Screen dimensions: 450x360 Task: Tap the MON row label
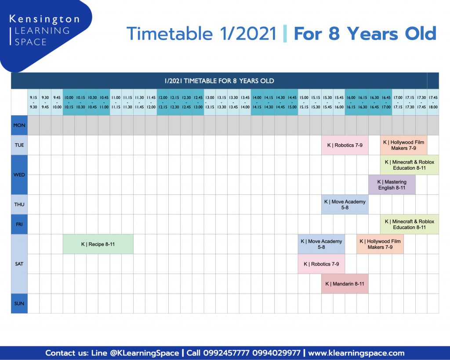point(19,125)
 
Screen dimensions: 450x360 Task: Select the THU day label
point(19,204)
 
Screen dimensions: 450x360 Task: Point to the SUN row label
point(19,303)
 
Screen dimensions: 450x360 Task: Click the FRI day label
point(19,224)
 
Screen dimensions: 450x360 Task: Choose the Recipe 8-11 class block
point(98,244)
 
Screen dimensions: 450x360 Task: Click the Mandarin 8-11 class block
point(345,284)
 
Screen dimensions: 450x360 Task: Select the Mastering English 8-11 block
point(392,185)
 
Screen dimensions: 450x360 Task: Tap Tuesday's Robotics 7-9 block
point(345,145)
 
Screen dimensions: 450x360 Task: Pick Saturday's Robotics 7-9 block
point(321,264)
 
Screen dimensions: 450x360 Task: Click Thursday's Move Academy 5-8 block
point(345,204)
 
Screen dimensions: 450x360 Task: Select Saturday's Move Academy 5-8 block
point(321,244)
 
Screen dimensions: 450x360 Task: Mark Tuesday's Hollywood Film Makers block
point(403,145)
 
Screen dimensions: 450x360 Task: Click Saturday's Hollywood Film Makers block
point(380,244)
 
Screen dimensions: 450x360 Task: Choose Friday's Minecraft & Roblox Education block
point(410,224)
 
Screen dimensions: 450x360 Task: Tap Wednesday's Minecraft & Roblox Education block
point(410,165)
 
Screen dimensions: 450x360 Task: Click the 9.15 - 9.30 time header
point(33,102)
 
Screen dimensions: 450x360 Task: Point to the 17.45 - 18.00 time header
point(433,102)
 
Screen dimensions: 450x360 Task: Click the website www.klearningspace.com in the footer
point(356,353)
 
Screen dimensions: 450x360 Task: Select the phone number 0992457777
point(226,353)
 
